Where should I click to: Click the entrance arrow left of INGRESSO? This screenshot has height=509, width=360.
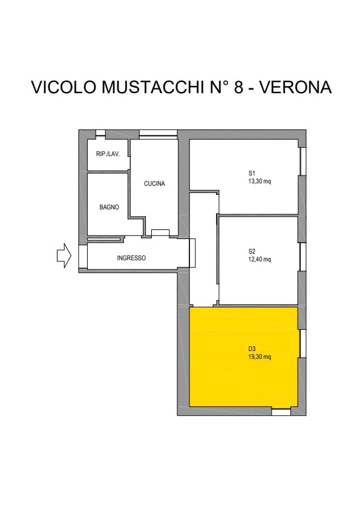pos(64,255)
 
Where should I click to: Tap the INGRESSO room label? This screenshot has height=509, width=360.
pos(131,258)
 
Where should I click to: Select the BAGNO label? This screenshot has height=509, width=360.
pos(109,207)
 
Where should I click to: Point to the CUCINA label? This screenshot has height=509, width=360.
pos(154,183)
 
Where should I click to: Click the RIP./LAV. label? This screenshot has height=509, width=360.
pos(108,154)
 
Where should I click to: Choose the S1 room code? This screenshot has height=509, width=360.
pos(252,173)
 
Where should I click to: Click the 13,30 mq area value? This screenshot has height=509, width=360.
pos(260,181)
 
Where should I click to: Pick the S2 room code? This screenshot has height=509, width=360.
pos(252,251)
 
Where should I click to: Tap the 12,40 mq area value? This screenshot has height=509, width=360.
pos(260,259)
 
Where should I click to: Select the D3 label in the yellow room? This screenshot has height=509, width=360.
pos(252,349)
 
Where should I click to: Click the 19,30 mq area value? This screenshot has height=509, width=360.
pos(260,356)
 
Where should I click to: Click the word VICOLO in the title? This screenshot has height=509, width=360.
pos(64,87)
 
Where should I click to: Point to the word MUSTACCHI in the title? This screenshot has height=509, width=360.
pos(153,87)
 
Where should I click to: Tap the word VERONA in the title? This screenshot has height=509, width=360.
pos(296,87)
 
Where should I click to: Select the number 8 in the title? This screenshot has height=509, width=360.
pos(238,87)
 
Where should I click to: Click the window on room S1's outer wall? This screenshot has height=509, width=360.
pos(303,162)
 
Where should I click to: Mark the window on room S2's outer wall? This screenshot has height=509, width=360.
pos(303,257)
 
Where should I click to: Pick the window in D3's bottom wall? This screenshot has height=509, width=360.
pos(281,412)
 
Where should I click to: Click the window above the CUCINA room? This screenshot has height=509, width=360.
pos(158,135)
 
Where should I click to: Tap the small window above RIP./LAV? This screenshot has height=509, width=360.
pos(100,133)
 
